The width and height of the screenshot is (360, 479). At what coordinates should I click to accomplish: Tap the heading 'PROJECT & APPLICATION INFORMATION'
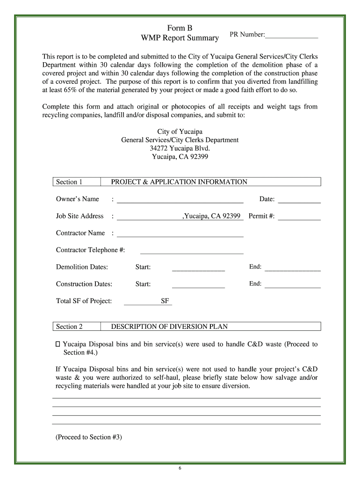pos(179,182)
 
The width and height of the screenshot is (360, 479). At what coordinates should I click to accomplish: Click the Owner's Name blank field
pos(180,200)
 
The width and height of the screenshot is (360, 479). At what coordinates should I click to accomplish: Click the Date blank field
pos(299,200)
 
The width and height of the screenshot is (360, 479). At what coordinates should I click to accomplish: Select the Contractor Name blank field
pos(180,233)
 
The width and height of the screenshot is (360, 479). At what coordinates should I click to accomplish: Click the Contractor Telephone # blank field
pos(192,250)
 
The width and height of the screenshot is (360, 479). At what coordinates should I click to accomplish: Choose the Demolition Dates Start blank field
pos(198,268)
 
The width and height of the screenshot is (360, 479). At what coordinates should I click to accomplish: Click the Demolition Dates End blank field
pos(293,268)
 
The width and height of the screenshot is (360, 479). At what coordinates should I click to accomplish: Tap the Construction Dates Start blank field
pos(198,284)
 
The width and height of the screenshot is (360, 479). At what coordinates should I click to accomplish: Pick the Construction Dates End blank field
pos(293,284)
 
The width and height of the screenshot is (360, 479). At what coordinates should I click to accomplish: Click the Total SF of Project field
pos(142,301)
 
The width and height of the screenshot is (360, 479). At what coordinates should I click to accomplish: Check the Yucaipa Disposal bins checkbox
pos(58,344)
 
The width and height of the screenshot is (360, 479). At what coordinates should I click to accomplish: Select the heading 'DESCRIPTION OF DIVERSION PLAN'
pos(169,327)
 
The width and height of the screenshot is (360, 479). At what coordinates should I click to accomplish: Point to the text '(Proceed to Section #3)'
pos(89,437)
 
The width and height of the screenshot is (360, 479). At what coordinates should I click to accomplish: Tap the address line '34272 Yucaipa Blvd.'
pos(180,148)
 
